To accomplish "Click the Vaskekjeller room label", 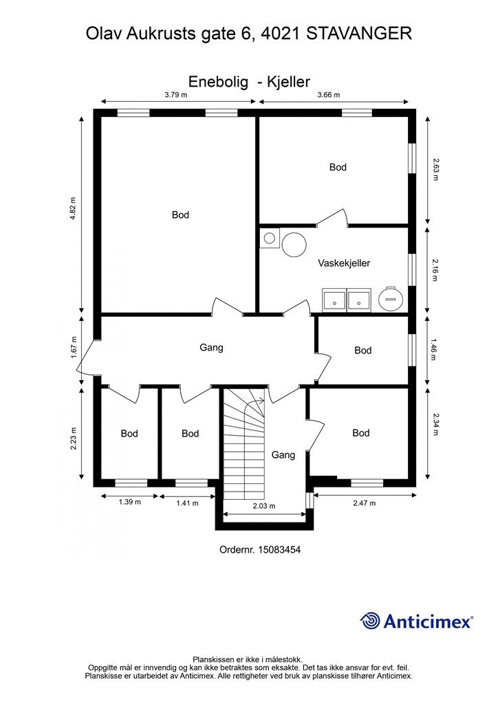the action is pyautogui.click(x=344, y=263).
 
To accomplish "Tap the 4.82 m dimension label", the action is pyautogui.click(x=73, y=208).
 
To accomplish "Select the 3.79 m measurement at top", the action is pyautogui.click(x=176, y=94).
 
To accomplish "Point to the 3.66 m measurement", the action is pyautogui.click(x=329, y=94).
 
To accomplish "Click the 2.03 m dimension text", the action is pyautogui.click(x=264, y=506).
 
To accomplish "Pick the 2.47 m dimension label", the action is pyautogui.click(x=364, y=503).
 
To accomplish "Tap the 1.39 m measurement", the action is pyautogui.click(x=130, y=502).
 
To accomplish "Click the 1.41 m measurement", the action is pyautogui.click(x=187, y=503).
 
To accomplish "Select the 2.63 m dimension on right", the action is pyautogui.click(x=435, y=169).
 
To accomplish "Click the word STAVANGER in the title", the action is pyautogui.click(x=359, y=33).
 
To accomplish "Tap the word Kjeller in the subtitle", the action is pyautogui.click(x=289, y=82).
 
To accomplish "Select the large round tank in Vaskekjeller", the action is pyautogui.click(x=294, y=245).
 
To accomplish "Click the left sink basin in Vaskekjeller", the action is pyautogui.click(x=334, y=300).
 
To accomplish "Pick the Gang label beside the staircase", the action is pyautogui.click(x=283, y=455).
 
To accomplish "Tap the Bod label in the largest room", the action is pyautogui.click(x=180, y=215).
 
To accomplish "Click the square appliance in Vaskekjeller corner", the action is pyautogui.click(x=270, y=238).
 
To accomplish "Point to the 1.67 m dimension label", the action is pyautogui.click(x=73, y=348).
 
